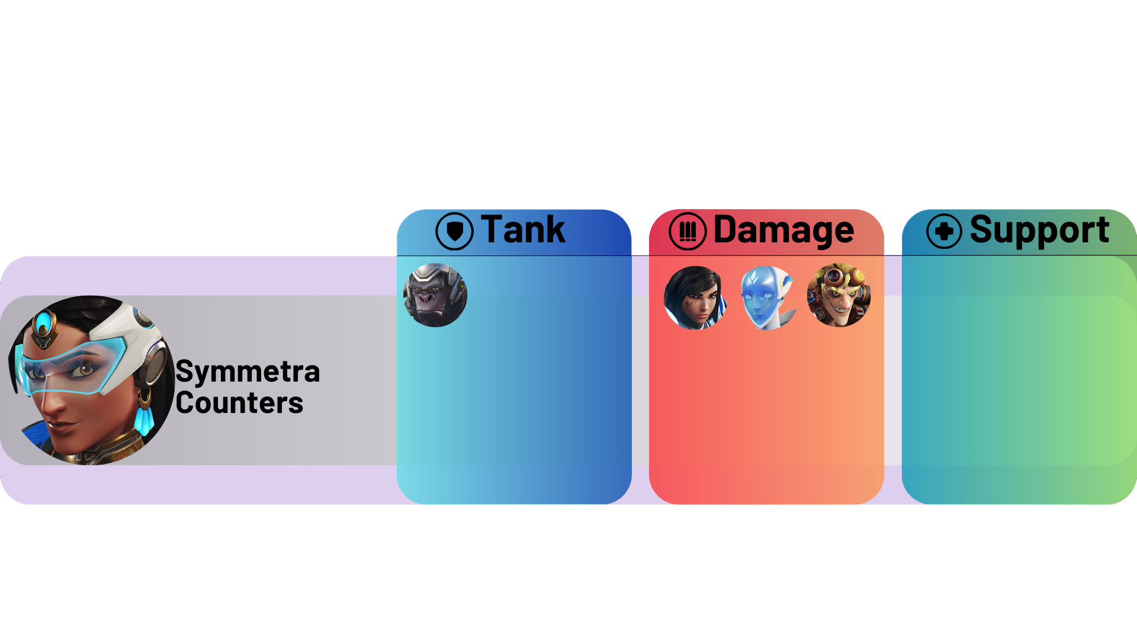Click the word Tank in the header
[523, 229]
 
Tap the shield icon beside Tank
[454, 231]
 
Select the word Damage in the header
[783, 230]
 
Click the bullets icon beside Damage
[688, 231]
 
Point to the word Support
[1039, 230]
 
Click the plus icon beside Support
[944, 231]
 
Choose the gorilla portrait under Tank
[435, 295]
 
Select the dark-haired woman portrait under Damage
[695, 298]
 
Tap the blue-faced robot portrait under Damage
[767, 298]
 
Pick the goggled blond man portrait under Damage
[839, 295]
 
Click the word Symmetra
[248, 372]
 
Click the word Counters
[239, 403]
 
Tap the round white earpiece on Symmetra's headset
[156, 363]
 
